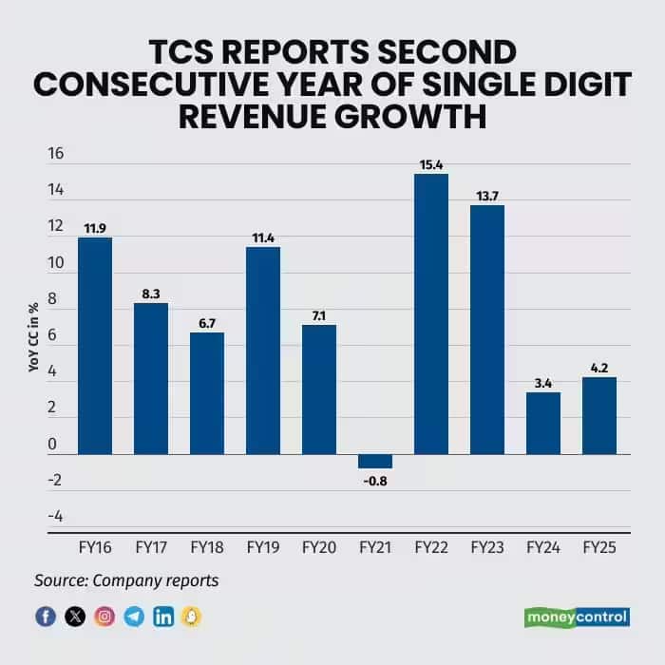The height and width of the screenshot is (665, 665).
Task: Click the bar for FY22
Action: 431,313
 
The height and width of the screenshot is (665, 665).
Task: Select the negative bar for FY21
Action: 375,461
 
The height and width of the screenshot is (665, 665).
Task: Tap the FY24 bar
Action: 543,423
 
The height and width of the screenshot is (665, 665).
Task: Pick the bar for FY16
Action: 95,346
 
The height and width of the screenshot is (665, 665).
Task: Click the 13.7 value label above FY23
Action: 487,196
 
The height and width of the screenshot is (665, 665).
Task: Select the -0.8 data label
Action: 375,480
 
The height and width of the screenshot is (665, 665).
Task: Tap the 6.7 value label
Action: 207,323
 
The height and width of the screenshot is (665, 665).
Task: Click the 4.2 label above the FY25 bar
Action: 599,369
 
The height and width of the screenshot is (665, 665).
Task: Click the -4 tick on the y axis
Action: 55,516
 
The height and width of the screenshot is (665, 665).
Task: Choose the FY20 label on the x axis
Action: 319,548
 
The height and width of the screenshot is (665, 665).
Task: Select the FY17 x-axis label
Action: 151,548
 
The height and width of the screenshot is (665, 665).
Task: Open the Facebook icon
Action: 45,617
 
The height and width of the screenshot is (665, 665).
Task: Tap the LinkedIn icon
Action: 163,617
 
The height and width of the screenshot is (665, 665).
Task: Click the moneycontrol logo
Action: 577,617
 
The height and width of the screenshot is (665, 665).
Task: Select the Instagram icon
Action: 104,617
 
